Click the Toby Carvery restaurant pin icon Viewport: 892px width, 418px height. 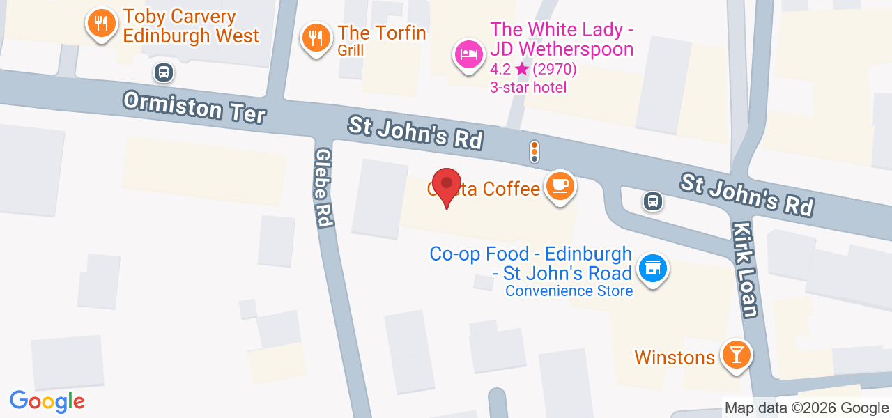tap(102, 25)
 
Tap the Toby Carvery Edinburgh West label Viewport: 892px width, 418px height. tap(190, 26)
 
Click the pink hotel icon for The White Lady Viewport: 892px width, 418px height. tap(469, 54)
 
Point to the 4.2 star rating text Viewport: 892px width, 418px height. tap(533, 70)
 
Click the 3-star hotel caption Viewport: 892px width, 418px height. tap(528, 88)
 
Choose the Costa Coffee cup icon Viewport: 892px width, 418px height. tap(560, 186)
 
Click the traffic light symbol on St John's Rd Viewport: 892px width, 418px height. tap(535, 151)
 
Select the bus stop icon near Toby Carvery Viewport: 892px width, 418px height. tap(164, 72)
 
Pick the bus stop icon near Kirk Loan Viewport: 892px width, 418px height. tap(652, 201)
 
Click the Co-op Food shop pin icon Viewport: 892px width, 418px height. tap(653, 268)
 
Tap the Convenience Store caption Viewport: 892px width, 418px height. tap(569, 291)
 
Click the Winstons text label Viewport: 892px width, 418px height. tap(675, 357)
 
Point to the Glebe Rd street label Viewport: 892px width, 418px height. tap(323, 187)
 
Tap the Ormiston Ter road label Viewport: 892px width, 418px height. tap(194, 107)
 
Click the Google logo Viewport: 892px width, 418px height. tap(47, 401)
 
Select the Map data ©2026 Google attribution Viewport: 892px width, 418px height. tap(806, 408)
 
